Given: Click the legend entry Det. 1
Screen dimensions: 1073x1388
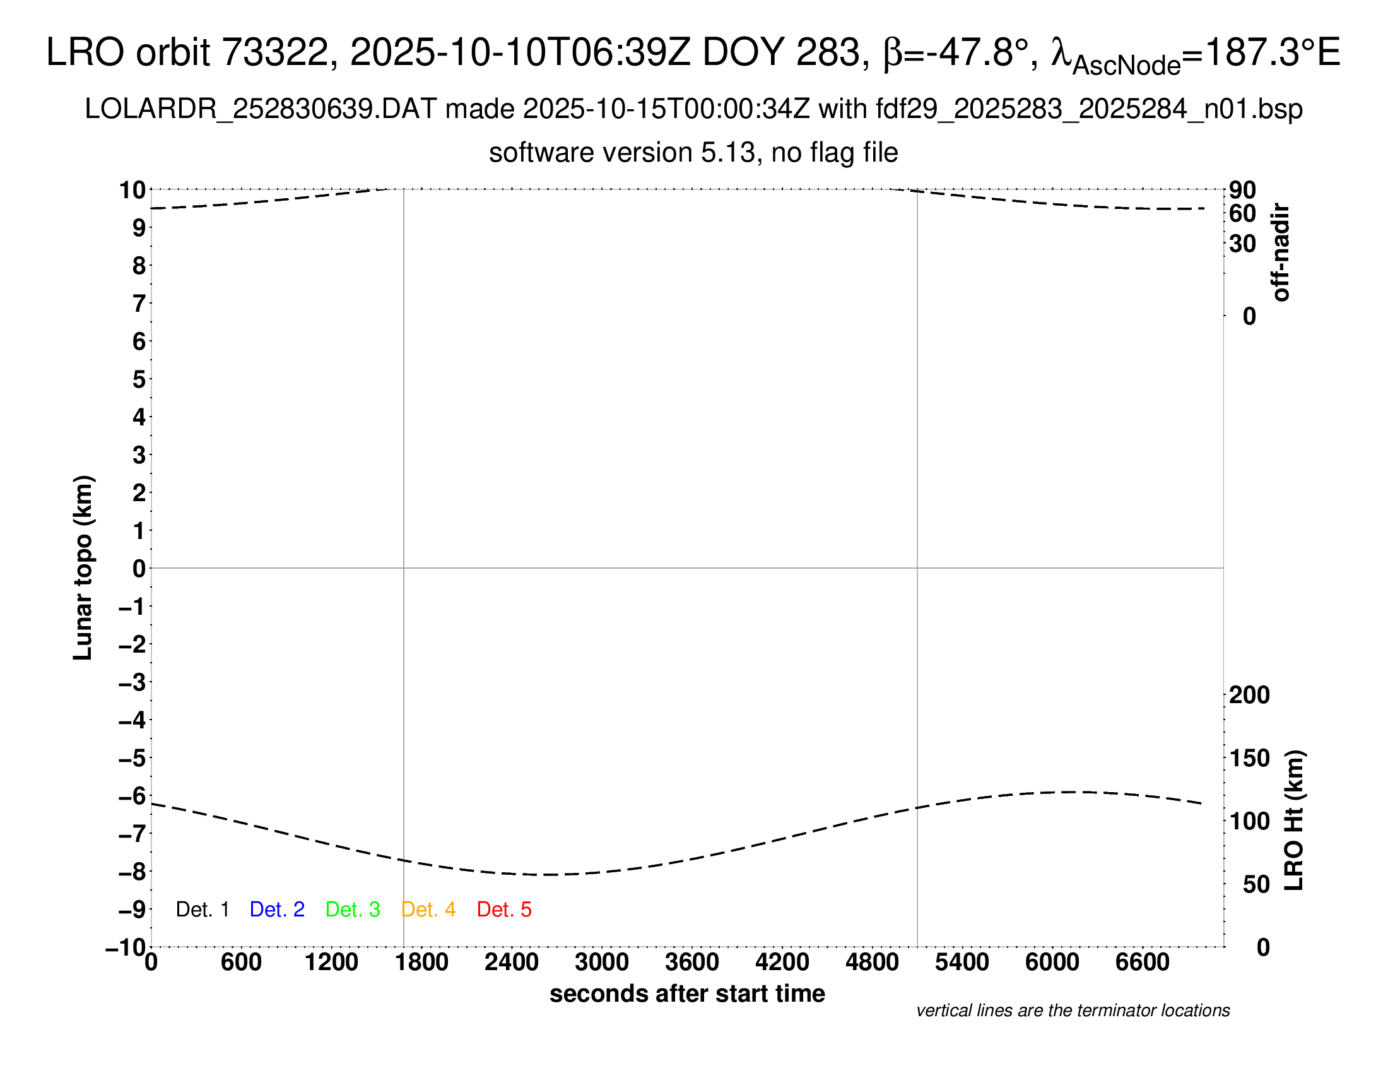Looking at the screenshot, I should [x=202, y=910].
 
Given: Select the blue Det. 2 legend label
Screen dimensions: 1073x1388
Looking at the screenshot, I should [x=277, y=910].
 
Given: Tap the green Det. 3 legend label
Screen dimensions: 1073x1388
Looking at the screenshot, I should [x=353, y=910].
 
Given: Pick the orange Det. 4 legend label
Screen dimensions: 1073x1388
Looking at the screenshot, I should [x=428, y=910].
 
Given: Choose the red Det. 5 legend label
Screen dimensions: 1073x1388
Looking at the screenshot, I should [x=504, y=910].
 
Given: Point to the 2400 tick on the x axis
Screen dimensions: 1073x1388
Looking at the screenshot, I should [x=511, y=963].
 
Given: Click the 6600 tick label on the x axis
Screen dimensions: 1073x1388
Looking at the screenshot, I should [x=1142, y=963].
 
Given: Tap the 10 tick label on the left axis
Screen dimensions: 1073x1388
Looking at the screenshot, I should [x=132, y=189].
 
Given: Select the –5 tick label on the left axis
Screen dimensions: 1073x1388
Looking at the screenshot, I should [x=132, y=758].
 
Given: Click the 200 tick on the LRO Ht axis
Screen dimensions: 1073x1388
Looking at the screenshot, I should [x=1249, y=695].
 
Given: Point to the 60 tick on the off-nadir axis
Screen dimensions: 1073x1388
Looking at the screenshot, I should [x=1242, y=213].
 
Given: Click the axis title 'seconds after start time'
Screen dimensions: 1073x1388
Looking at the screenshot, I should [x=687, y=993].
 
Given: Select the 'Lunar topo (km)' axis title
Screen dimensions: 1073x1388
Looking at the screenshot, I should [x=83, y=567].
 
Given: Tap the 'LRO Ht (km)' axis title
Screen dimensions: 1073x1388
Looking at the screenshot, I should [x=1294, y=821].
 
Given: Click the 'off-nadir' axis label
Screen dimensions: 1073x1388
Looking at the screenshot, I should [x=1281, y=252].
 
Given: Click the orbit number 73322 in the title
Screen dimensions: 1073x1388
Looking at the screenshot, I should [x=279, y=52].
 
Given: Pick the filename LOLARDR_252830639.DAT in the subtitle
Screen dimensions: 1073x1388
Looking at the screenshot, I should [x=261, y=109].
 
